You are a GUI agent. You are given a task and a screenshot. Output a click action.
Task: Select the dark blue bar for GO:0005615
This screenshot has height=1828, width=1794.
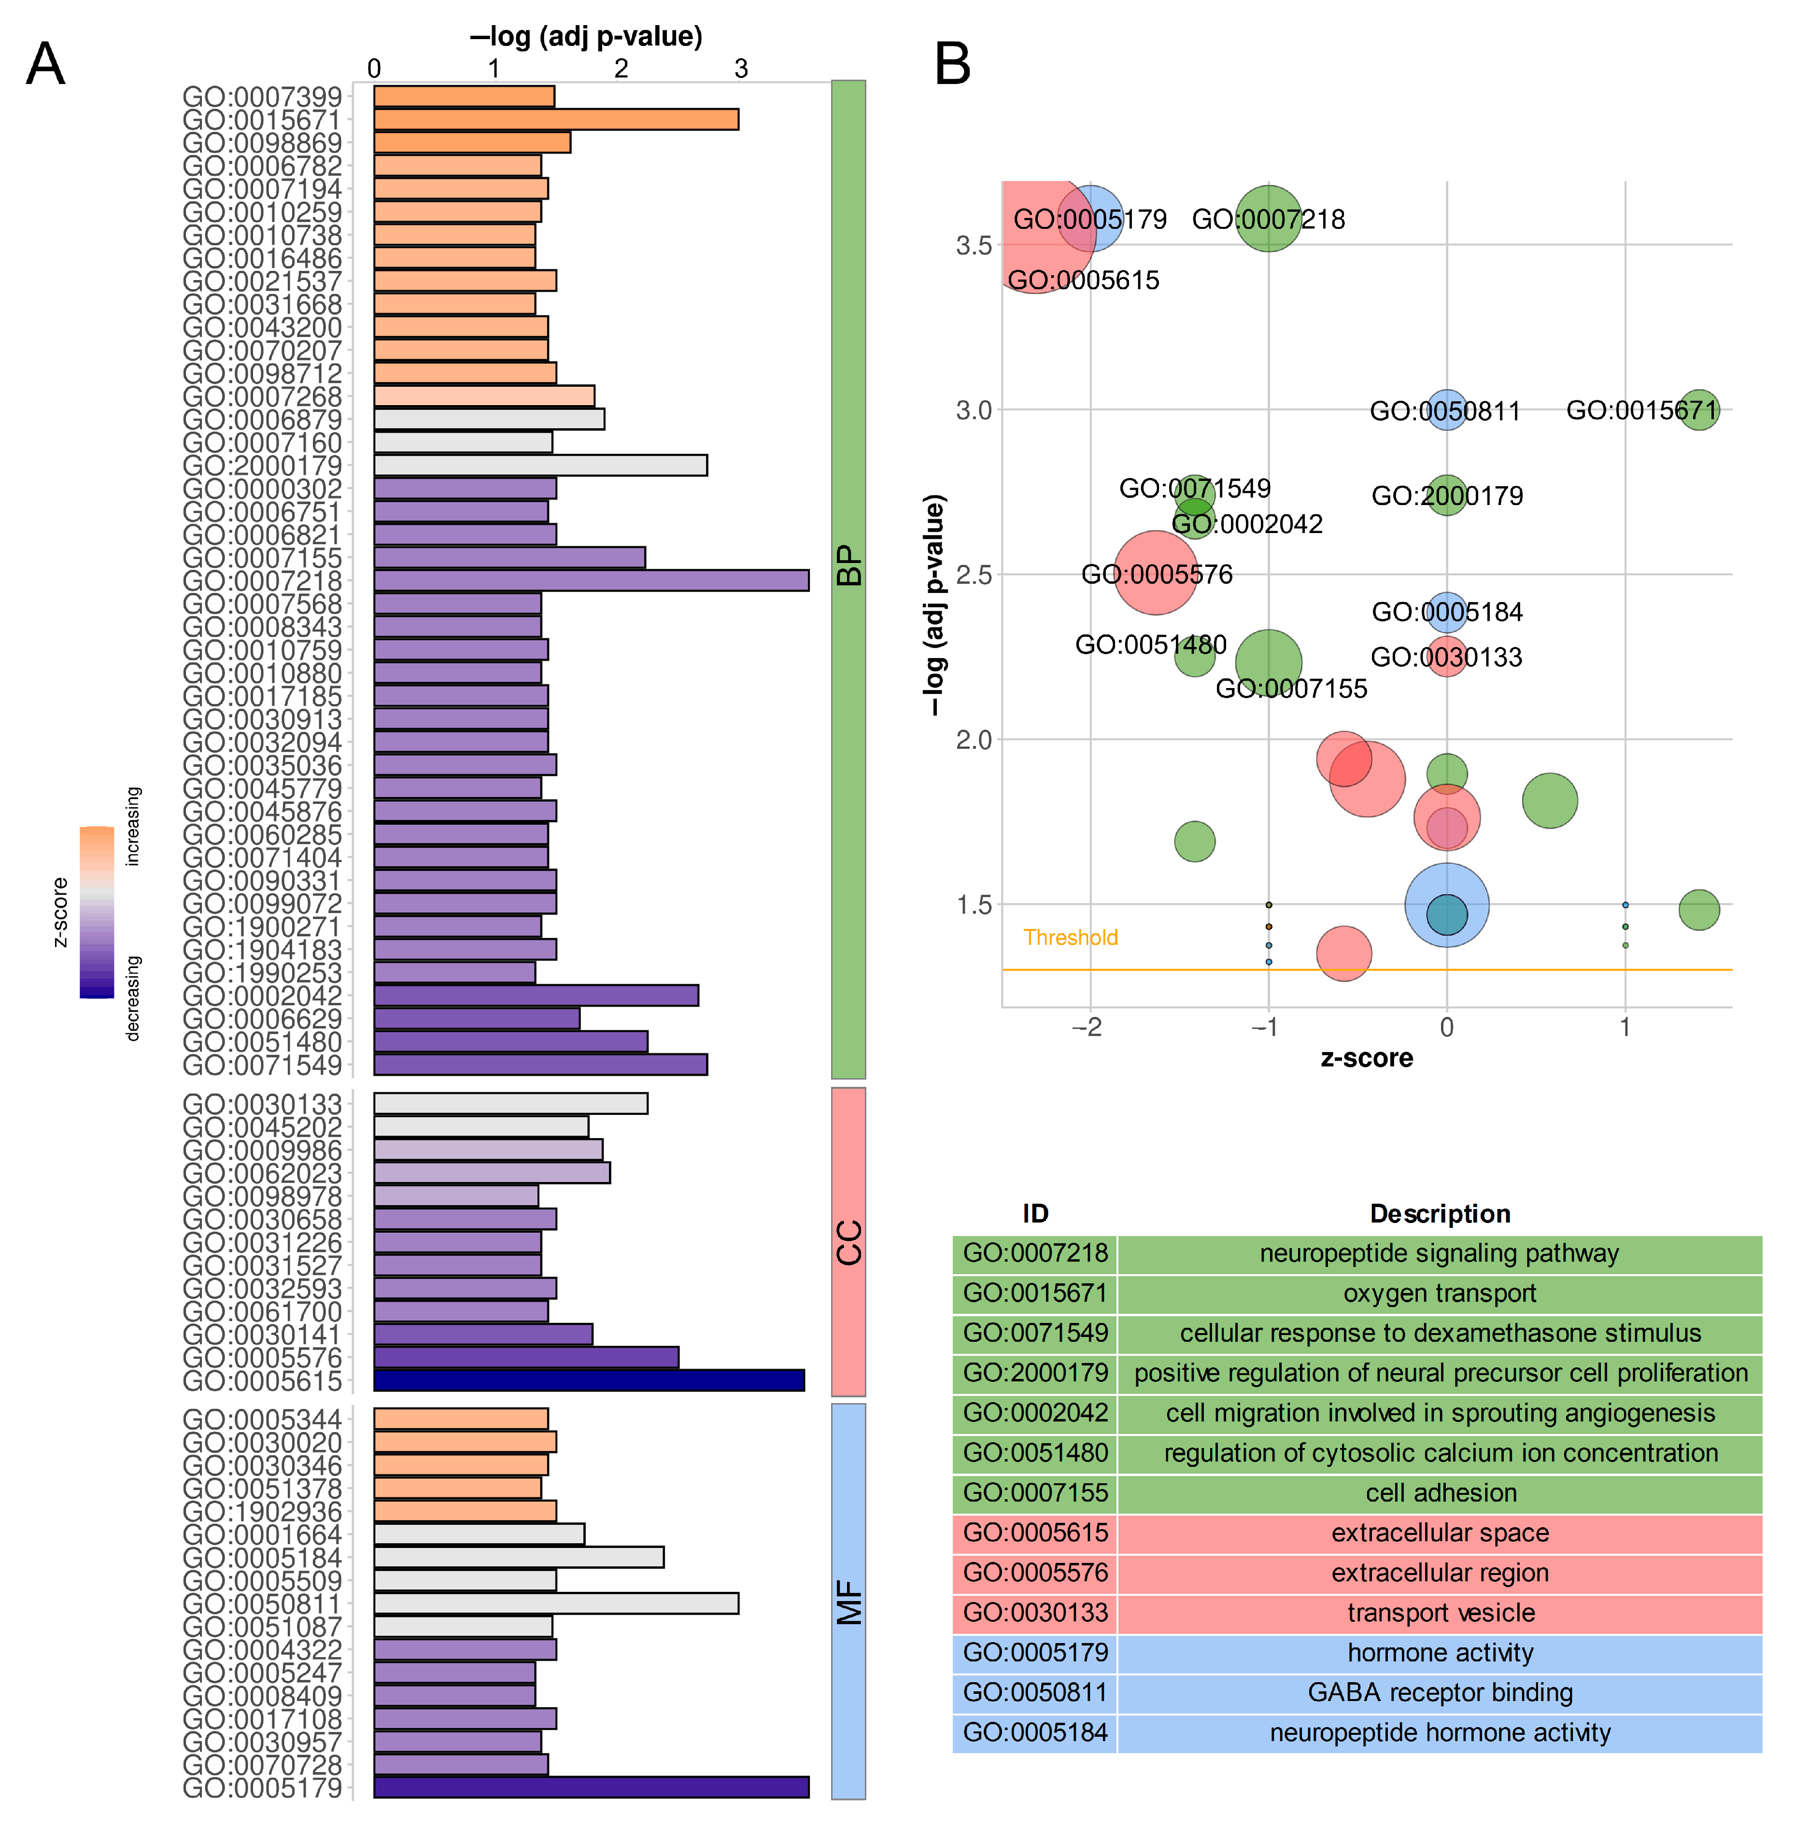click(589, 1380)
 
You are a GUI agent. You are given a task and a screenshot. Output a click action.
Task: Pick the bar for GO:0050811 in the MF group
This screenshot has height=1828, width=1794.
click(556, 1603)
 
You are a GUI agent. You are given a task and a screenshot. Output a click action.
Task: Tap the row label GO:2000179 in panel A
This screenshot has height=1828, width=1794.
click(262, 465)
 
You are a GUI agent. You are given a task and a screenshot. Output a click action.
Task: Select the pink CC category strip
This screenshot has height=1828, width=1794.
click(848, 1241)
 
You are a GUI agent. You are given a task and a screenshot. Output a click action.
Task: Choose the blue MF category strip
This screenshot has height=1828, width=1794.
click(848, 1602)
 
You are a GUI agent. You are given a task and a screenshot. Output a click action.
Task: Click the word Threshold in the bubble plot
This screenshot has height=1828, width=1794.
click(1071, 938)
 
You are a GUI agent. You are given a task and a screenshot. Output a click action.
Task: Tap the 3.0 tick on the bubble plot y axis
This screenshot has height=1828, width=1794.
click(974, 410)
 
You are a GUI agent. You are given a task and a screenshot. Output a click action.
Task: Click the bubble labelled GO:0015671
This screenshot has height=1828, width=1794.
click(1699, 410)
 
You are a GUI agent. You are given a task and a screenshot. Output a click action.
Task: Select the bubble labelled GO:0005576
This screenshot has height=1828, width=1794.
click(1155, 573)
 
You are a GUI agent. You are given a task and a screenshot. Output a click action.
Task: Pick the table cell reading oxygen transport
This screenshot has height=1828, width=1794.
click(1440, 1293)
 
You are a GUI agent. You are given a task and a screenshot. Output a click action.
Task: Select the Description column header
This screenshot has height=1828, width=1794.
click(1440, 1214)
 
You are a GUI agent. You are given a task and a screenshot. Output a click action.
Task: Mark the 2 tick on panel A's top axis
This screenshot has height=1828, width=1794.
click(621, 69)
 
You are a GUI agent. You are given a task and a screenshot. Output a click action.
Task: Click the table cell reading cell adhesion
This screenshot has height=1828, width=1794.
click(1440, 1492)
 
